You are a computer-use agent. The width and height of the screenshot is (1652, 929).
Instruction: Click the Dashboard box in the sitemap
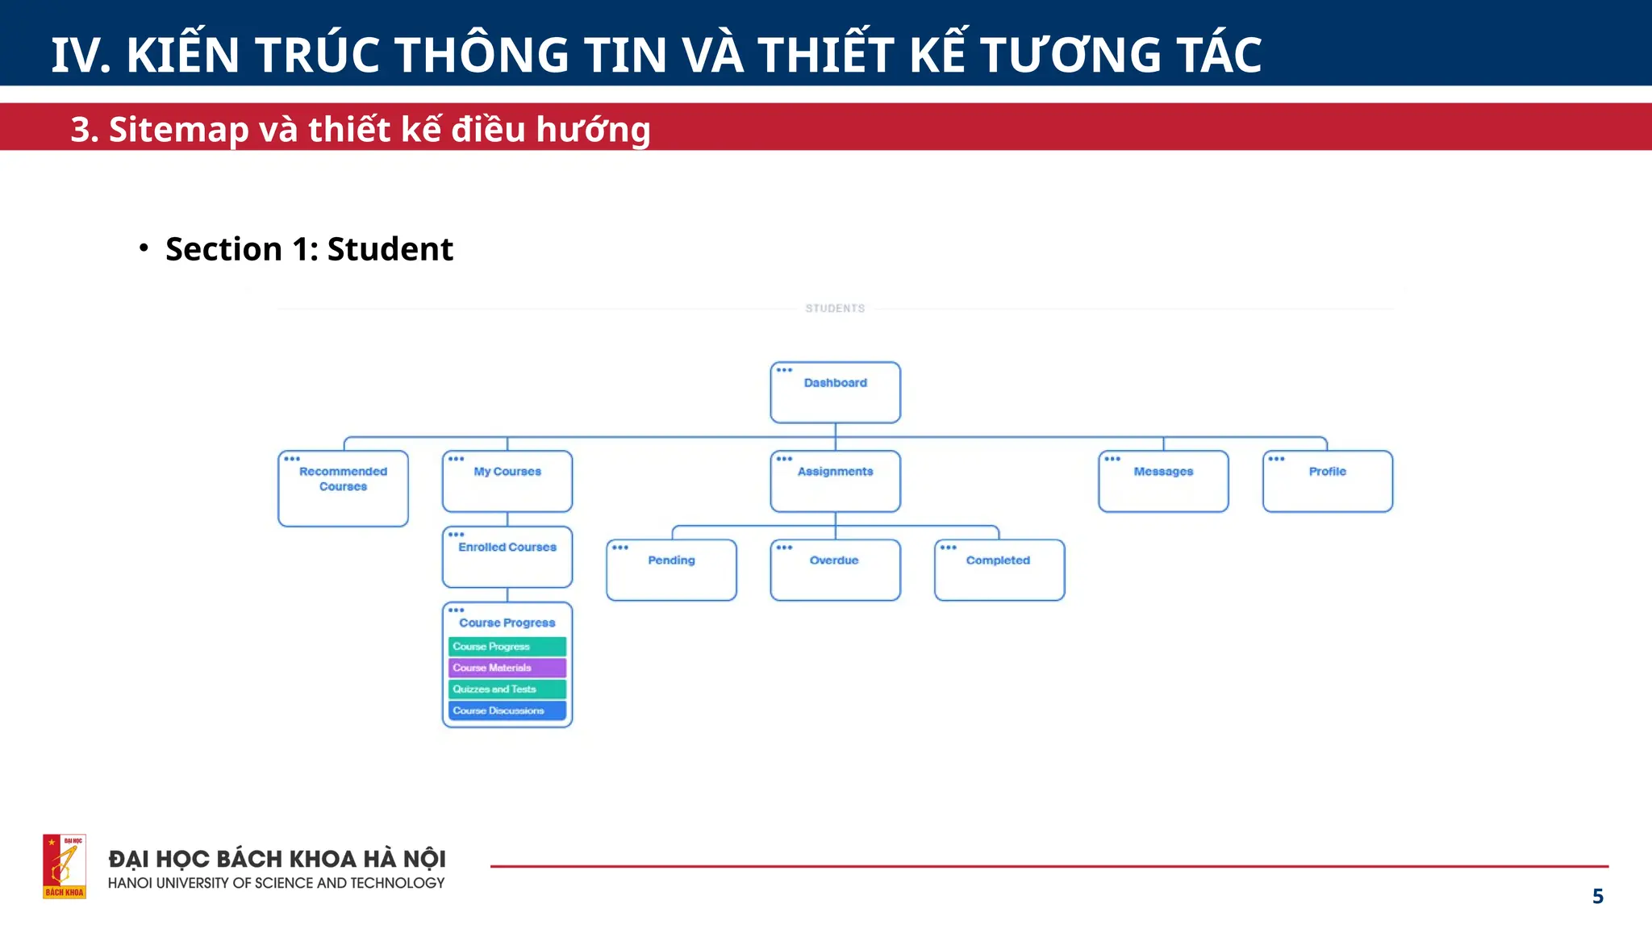pos(835,393)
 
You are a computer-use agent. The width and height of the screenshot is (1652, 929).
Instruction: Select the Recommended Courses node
pos(343,488)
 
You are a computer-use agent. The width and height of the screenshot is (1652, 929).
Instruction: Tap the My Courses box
pos(507,481)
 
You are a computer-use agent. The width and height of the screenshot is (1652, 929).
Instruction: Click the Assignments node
pos(835,481)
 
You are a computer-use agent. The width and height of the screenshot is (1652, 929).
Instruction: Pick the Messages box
pos(1163,481)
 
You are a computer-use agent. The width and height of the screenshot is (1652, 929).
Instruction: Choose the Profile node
pos(1327,481)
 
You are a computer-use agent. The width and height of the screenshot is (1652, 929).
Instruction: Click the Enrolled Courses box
pos(507,556)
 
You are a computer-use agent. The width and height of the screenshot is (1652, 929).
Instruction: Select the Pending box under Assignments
pos(671,570)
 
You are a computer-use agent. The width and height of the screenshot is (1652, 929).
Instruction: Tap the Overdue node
pos(835,570)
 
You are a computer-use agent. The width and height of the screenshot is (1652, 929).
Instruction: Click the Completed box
pos(999,570)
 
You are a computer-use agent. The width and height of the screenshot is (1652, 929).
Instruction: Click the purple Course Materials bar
pos(507,668)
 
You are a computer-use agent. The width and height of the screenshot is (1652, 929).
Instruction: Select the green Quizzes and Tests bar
pos(507,689)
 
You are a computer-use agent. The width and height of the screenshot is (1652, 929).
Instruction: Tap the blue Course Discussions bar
pos(507,710)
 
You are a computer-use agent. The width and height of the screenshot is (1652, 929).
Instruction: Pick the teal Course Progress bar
pos(507,647)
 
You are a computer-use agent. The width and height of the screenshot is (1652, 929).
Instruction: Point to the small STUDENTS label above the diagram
pos(835,308)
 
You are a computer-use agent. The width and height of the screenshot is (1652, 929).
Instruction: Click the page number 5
pos(1597,896)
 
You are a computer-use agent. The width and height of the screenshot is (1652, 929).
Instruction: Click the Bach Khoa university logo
pos(65,866)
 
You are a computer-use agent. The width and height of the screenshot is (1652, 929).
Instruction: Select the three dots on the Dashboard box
pos(784,370)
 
